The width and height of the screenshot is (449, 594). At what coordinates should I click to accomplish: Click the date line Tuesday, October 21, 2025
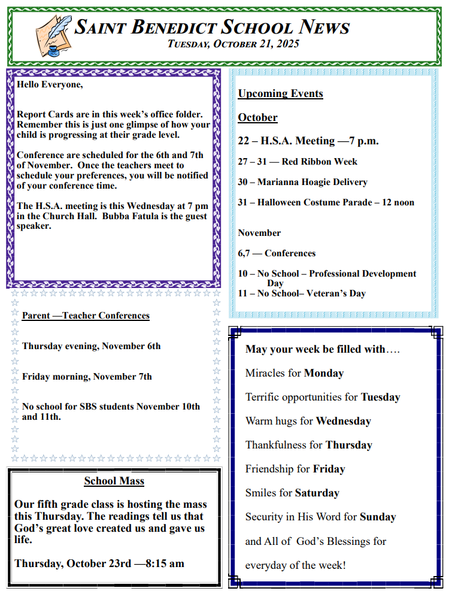point(233,44)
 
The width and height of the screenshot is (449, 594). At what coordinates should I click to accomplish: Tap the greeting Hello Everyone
point(50,84)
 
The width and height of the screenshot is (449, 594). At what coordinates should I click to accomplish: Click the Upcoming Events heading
point(280,93)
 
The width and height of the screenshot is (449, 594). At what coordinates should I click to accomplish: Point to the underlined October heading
point(257,117)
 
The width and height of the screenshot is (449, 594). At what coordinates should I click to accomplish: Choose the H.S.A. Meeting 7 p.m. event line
point(308,141)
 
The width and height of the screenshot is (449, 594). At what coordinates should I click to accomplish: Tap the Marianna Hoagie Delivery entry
point(302,182)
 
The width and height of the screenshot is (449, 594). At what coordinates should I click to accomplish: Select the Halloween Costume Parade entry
point(326,202)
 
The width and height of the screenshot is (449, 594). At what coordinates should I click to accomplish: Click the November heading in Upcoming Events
point(259,233)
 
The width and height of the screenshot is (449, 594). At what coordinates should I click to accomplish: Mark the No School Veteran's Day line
point(302,293)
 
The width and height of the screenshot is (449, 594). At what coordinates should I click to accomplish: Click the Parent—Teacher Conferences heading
point(86,316)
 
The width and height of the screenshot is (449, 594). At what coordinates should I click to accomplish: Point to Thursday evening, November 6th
point(91,346)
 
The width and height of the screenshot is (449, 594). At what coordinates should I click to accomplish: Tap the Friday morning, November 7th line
point(87,377)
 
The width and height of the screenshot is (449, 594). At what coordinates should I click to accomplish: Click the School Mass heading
point(114,481)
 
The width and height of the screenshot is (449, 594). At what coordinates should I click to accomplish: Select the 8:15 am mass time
point(165,563)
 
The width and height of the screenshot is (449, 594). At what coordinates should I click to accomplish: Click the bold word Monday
point(324,373)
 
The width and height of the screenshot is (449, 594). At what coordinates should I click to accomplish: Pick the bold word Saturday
point(317,493)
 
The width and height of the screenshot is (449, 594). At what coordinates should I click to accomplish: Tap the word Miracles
point(265,373)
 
